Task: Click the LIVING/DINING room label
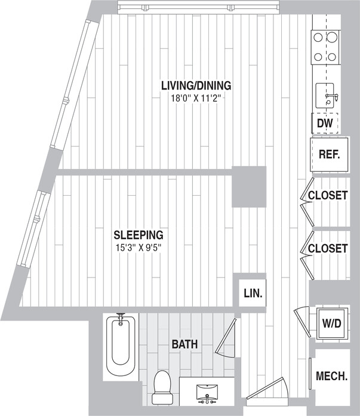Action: [x=196, y=85]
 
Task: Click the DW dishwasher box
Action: [x=325, y=124]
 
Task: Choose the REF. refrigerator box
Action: [x=329, y=154]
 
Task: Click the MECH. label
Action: [x=331, y=377]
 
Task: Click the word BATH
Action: [x=184, y=344]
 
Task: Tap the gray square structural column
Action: [x=248, y=187]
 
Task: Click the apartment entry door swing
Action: [x=267, y=391]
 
